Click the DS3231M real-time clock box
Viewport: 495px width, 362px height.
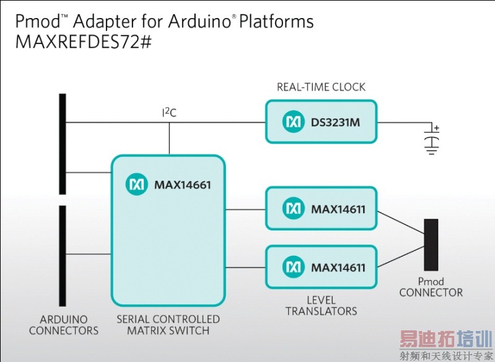321,122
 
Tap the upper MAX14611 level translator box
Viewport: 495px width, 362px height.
321,209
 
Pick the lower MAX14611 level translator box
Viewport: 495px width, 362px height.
321,267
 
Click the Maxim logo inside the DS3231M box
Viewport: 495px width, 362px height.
293,122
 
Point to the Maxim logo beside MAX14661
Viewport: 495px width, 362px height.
136,184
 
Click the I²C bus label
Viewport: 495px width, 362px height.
169,112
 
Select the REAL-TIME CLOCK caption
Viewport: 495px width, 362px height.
321,87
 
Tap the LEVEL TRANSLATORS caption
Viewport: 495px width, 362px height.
321,305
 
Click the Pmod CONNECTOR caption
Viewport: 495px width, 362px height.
431,287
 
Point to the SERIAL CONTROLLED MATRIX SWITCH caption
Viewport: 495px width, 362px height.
168,325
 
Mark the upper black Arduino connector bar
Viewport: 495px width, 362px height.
62,143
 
